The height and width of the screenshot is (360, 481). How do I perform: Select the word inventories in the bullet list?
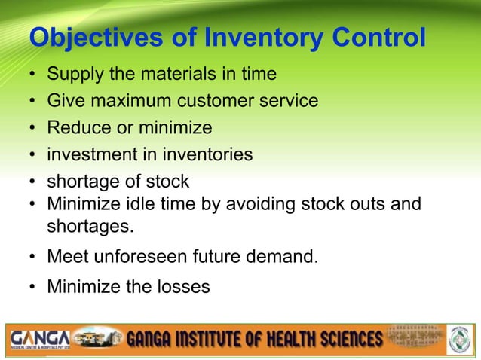[210, 154]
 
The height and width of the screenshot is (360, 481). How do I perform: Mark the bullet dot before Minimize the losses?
[33, 286]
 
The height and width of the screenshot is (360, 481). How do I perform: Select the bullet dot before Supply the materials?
[33, 75]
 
